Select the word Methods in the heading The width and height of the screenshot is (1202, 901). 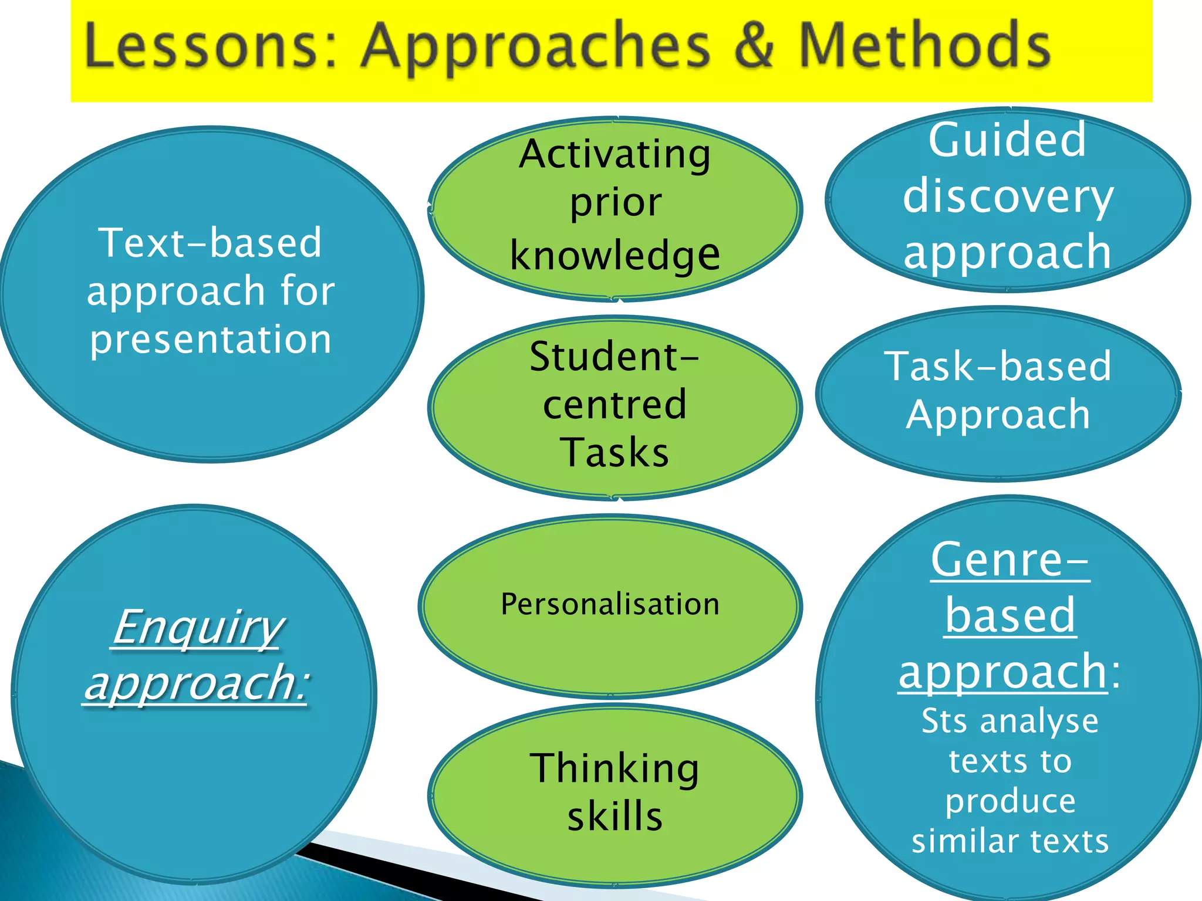point(924,45)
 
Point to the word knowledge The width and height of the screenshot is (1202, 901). point(614,256)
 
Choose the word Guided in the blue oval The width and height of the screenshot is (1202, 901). point(1007,140)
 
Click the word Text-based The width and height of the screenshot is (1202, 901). point(211,242)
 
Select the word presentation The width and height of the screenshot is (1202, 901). point(211,340)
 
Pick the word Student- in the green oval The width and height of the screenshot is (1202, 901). point(614,356)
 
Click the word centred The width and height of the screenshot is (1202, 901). point(614,404)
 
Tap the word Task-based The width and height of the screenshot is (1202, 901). point(998,367)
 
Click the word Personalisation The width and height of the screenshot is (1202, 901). point(610,604)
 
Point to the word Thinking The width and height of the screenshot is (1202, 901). point(614,768)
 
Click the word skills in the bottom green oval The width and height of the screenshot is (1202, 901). point(614,817)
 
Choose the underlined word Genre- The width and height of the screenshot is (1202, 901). point(1009,560)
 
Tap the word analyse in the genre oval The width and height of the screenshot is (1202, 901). point(1039,721)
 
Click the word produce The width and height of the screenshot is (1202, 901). point(1010,801)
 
